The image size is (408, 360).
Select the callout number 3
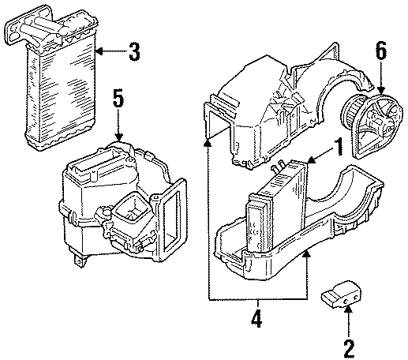click(134, 54)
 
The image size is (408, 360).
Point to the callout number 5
click(118, 100)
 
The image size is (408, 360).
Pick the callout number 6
click(381, 53)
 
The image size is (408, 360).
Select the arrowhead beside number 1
click(313, 163)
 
